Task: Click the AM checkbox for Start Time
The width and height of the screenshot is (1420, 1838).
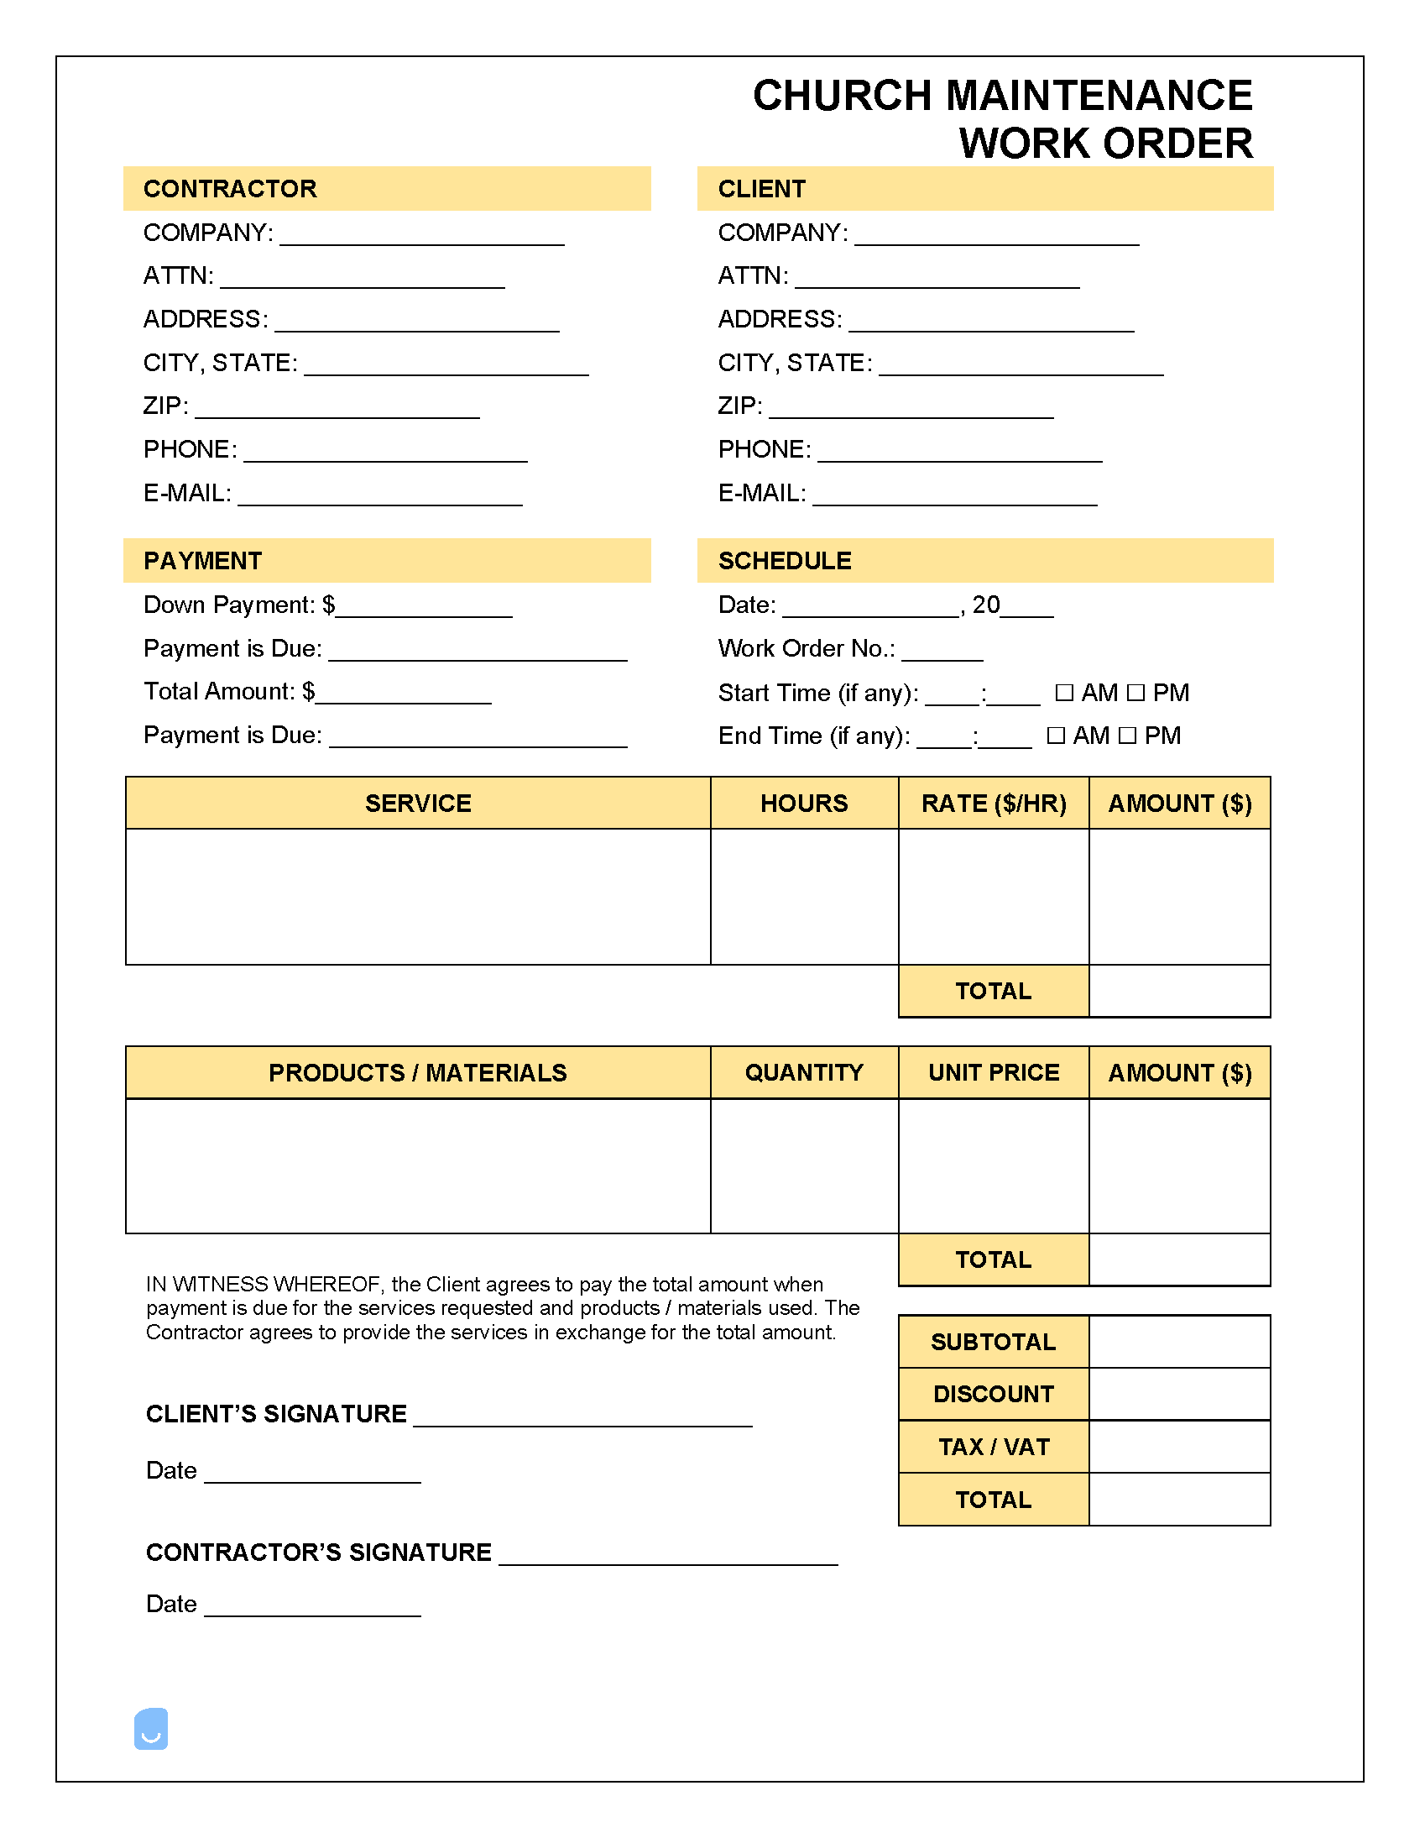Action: point(1064,693)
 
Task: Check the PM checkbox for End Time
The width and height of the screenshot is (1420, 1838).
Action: point(1128,736)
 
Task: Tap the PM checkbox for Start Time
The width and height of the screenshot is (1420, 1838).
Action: point(1135,693)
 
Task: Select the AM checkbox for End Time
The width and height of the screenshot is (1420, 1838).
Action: point(1056,736)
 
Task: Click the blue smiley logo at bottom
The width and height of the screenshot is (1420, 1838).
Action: point(151,1729)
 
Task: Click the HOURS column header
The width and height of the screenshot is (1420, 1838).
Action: point(804,803)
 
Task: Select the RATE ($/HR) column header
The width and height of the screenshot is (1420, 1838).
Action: point(994,803)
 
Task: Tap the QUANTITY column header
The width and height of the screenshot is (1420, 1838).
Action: point(804,1072)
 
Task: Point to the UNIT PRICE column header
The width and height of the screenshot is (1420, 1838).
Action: point(994,1072)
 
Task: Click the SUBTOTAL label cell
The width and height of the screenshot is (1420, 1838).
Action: point(994,1342)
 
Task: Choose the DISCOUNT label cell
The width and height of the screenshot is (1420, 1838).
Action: point(994,1394)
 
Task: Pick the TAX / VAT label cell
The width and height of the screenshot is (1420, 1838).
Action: point(994,1447)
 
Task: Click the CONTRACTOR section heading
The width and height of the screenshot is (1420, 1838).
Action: point(230,189)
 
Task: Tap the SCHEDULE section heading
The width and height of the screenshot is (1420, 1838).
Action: point(784,561)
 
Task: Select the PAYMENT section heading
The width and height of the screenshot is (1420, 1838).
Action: point(203,561)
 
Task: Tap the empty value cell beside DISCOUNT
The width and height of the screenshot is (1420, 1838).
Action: point(1179,1394)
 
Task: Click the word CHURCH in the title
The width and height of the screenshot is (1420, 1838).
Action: point(842,96)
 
